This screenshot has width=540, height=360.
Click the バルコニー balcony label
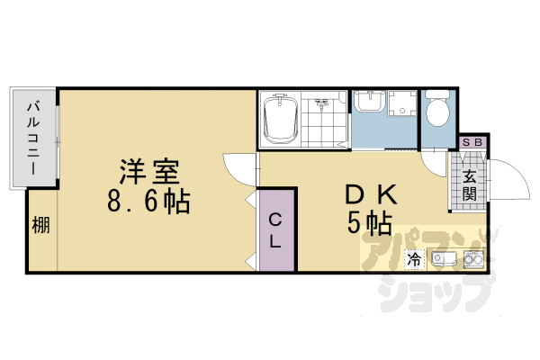pyautogui.click(x=32, y=138)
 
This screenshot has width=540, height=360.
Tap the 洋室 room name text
pyautogui.click(x=151, y=171)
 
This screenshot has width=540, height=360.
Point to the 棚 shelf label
pyautogui.click(x=41, y=226)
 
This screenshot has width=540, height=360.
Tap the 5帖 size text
pyautogui.click(x=369, y=223)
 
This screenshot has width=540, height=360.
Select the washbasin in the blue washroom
pyautogui.click(x=368, y=103)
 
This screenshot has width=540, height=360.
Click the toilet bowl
pyautogui.click(x=438, y=112)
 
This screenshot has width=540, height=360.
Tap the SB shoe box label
pyautogui.click(x=472, y=143)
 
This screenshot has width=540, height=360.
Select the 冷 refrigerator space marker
pyautogui.click(x=414, y=260)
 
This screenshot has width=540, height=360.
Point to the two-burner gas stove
pyautogui.click(x=473, y=260)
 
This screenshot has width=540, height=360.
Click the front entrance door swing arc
pyautogui.click(x=510, y=175)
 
